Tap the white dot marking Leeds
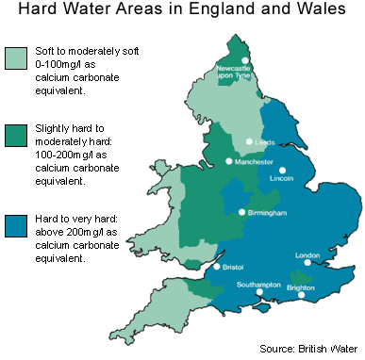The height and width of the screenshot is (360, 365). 249,141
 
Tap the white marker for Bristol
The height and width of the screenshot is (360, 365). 217,267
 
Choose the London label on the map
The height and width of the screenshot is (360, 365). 308,255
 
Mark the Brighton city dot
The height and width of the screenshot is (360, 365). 301,296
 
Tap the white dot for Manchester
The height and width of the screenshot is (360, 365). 229,161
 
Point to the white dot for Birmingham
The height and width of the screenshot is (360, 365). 241,212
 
